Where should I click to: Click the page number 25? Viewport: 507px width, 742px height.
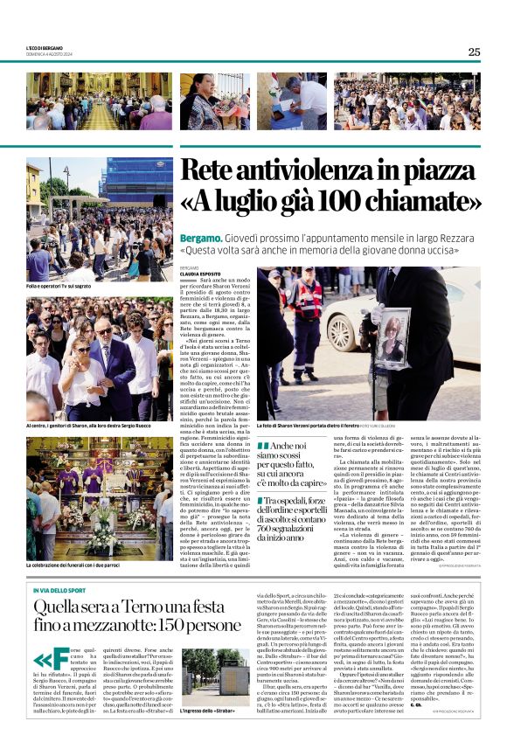click(474, 52)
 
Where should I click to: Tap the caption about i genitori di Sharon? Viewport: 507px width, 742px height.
click(93, 425)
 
